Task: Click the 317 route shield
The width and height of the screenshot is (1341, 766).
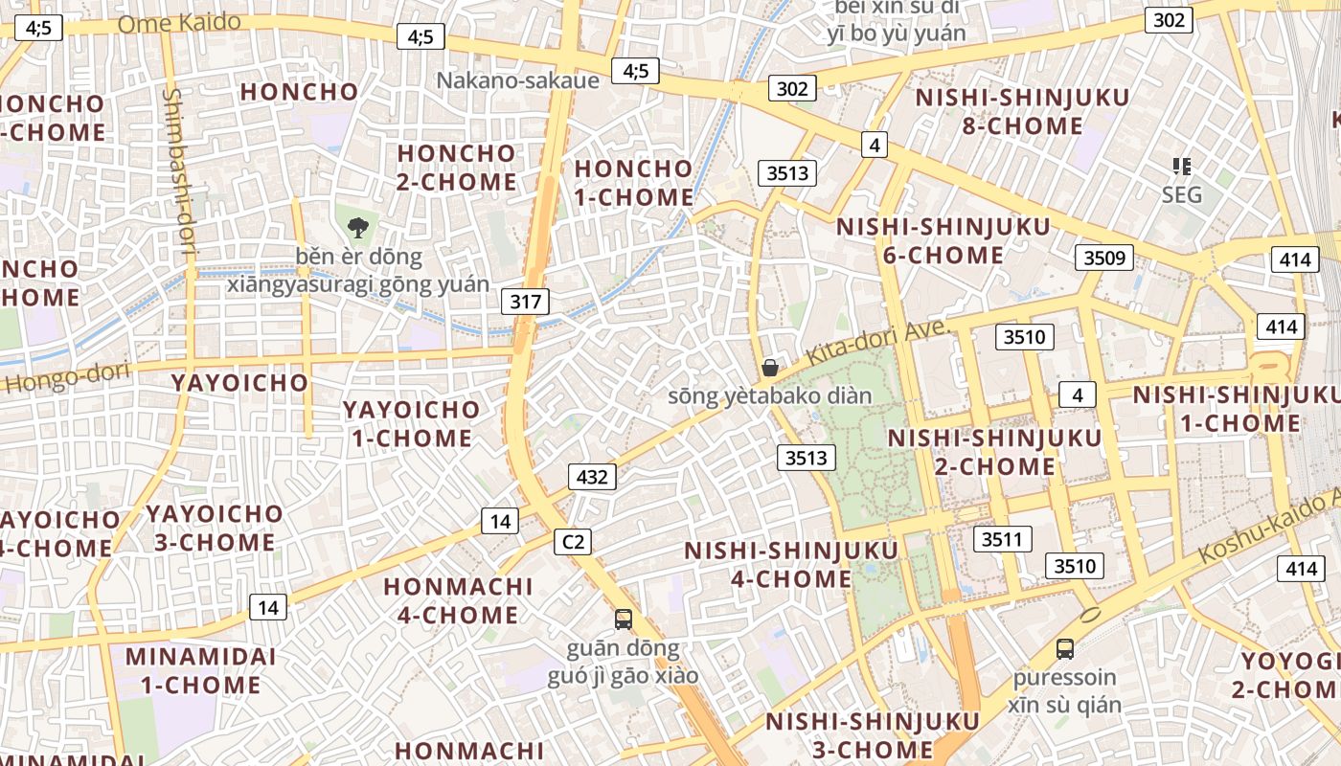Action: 525,303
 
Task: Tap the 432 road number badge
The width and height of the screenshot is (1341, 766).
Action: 592,476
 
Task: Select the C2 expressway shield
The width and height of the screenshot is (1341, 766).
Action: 572,542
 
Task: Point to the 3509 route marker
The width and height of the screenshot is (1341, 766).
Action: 1103,258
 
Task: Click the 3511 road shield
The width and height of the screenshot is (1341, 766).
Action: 1002,539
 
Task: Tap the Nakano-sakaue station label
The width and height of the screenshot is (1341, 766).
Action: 517,80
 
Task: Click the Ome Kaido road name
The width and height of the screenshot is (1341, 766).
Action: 179,23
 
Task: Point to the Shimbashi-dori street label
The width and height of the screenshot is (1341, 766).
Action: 178,173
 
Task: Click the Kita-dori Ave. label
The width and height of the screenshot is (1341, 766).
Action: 875,342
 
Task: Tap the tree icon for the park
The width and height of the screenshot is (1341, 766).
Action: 358,228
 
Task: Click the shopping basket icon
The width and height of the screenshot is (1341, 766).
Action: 769,368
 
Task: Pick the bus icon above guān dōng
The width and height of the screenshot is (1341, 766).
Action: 624,620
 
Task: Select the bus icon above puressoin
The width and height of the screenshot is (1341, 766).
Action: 1064,649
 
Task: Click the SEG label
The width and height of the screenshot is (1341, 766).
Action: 1181,194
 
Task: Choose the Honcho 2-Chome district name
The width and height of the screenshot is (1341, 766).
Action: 456,168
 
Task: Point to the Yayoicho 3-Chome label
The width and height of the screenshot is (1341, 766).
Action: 215,529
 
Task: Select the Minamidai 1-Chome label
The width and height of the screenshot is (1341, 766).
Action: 201,671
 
